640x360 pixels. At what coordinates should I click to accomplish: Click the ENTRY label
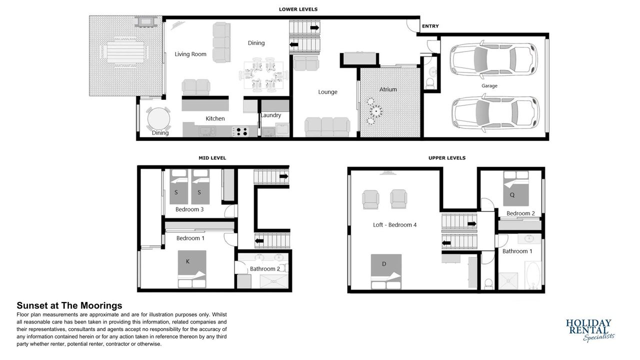pos(430,26)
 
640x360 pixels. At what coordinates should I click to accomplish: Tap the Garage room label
pos(489,85)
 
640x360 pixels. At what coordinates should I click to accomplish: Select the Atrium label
pos(387,89)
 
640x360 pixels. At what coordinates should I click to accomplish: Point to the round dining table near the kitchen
pos(158,118)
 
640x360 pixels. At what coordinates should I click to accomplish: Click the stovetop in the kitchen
pos(240,131)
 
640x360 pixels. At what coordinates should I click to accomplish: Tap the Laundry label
pos(271,115)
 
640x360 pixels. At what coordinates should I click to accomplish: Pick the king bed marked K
pos(191,269)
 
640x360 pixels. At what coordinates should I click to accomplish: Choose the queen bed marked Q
pos(515,188)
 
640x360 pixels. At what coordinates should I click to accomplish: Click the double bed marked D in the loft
pos(386,271)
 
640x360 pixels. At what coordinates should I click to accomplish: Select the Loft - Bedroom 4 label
pos(394,225)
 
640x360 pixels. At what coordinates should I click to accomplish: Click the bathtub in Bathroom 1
pos(532,275)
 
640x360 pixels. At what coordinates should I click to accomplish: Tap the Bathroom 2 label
pos(265,269)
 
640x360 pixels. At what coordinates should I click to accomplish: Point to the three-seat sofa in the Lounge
pos(327,127)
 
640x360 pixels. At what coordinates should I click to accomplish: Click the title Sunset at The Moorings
pos(69,305)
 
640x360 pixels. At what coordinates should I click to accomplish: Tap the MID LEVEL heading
pos(212,157)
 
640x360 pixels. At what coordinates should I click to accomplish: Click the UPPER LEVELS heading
pos(447,157)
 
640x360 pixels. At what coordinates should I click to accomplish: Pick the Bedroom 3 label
pos(189,209)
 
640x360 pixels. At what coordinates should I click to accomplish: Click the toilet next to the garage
pos(430,83)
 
